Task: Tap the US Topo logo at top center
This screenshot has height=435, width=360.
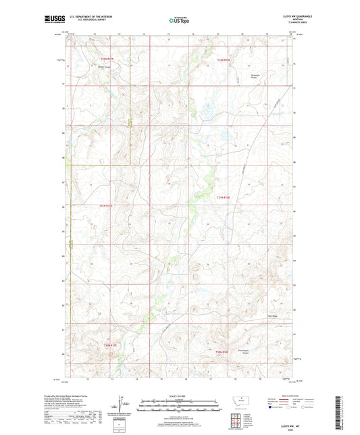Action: coord(179,20)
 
